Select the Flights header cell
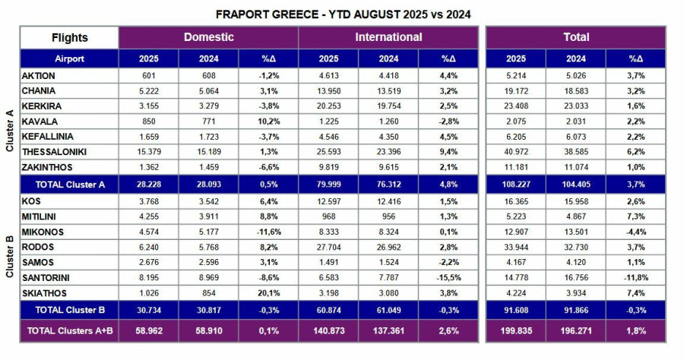pos(69,37)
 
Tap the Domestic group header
pos(208,37)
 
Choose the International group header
pos(388,37)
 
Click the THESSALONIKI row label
pos(55,152)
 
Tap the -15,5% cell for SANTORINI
pos(448,278)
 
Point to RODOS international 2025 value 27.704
pos(328,247)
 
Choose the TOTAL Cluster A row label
pos(68,184)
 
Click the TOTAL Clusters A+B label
pos(69,330)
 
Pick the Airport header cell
pos(69,58)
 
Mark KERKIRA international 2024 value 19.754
pos(388,106)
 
